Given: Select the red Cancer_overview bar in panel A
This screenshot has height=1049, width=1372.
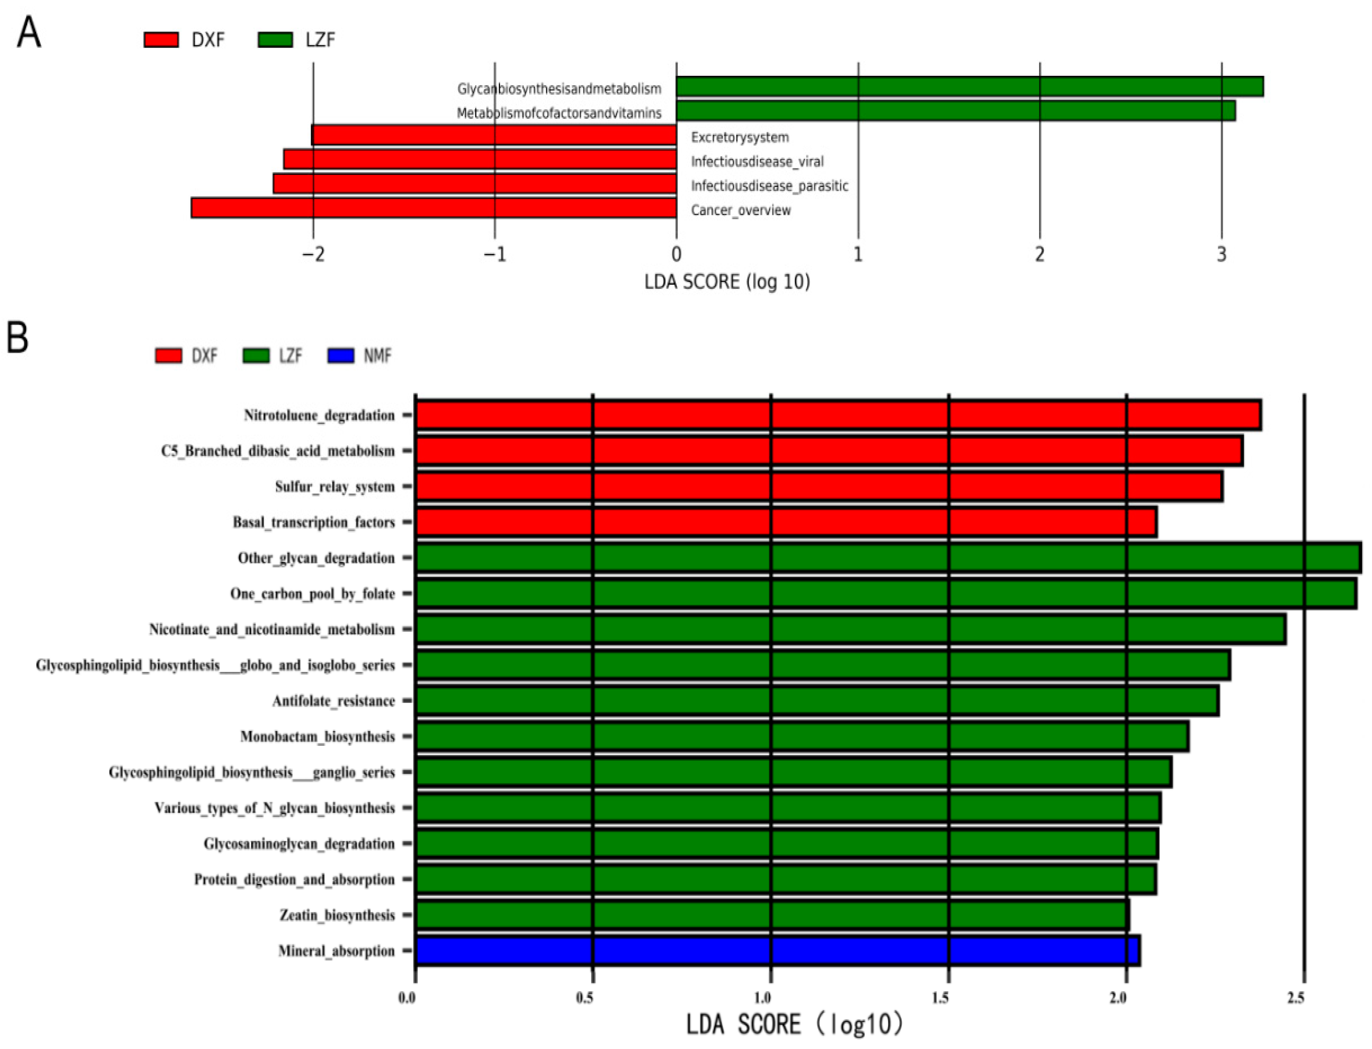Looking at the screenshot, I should (x=434, y=208).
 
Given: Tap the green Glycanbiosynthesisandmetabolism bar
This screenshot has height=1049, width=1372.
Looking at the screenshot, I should (x=969, y=87).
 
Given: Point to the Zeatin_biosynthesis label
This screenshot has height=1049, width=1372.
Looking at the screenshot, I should (x=337, y=915).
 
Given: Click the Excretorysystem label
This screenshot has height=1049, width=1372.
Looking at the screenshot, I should (x=739, y=137).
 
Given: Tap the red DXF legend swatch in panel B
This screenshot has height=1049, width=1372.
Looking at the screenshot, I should (x=169, y=356).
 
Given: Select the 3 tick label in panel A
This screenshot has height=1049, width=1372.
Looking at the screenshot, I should (x=1221, y=255).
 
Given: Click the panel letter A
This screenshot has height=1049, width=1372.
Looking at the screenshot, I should (x=29, y=33).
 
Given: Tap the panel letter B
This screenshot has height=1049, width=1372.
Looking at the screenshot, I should (x=17, y=338).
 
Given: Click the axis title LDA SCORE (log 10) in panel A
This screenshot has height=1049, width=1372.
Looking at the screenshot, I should (x=727, y=282).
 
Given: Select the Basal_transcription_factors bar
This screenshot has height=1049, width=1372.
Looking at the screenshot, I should (x=785, y=522).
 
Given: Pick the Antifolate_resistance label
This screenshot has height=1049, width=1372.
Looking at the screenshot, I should (x=333, y=701).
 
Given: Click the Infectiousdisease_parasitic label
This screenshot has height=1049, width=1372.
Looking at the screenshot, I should (x=769, y=186).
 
